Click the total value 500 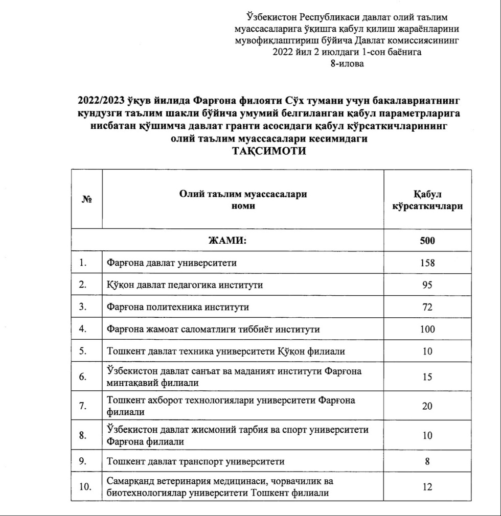427,241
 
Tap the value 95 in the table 427,285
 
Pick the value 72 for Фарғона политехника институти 427,308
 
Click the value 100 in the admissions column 427,330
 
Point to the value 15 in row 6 427,377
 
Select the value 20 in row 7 427,406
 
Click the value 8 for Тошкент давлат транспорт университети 427,461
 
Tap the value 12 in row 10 427,487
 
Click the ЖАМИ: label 226,241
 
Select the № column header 86,200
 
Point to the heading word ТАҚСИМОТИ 269,152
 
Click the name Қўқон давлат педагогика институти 185,285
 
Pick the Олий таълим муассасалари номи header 243,200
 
